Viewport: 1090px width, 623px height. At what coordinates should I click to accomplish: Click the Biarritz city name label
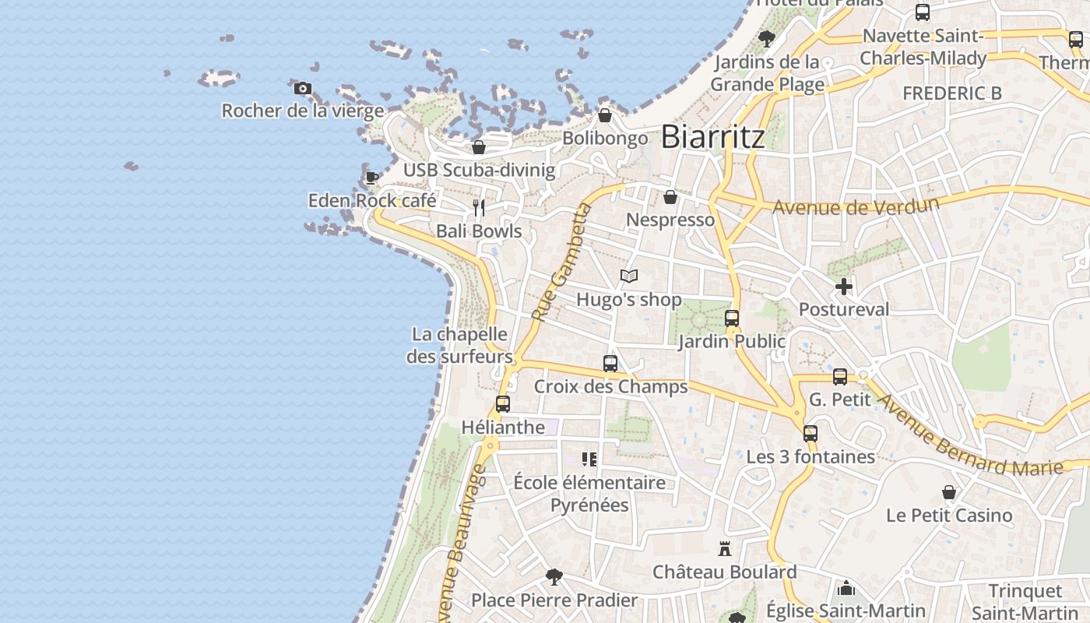click(x=712, y=137)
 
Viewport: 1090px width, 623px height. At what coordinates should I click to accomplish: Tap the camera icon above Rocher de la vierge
click(x=303, y=89)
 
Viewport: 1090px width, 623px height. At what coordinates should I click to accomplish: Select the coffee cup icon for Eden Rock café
click(x=372, y=178)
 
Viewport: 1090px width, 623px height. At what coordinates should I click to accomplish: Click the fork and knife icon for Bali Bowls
click(x=479, y=208)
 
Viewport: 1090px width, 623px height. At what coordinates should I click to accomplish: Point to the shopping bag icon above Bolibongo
click(x=605, y=116)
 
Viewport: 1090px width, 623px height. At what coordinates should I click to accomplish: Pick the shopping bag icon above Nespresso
click(x=670, y=197)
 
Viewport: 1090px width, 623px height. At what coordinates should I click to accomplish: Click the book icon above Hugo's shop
click(x=629, y=276)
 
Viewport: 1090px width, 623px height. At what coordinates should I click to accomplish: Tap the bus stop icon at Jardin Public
click(x=732, y=319)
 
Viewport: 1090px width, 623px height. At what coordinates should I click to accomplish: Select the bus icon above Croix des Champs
click(x=610, y=364)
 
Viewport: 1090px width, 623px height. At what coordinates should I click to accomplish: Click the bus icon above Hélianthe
click(x=503, y=404)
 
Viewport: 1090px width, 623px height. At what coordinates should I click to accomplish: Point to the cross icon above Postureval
click(x=843, y=287)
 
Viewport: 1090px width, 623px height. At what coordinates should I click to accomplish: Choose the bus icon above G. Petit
click(x=839, y=377)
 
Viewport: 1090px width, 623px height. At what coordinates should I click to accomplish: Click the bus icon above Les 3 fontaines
click(x=810, y=434)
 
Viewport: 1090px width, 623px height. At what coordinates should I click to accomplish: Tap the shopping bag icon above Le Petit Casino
click(x=949, y=492)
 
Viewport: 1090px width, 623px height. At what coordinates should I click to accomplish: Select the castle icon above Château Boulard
click(x=725, y=549)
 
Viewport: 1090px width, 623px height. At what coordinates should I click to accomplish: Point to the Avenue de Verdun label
click(x=856, y=206)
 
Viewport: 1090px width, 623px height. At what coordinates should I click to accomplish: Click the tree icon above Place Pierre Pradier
click(x=554, y=577)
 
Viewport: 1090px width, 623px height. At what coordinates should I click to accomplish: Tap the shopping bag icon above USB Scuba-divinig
click(x=479, y=147)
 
